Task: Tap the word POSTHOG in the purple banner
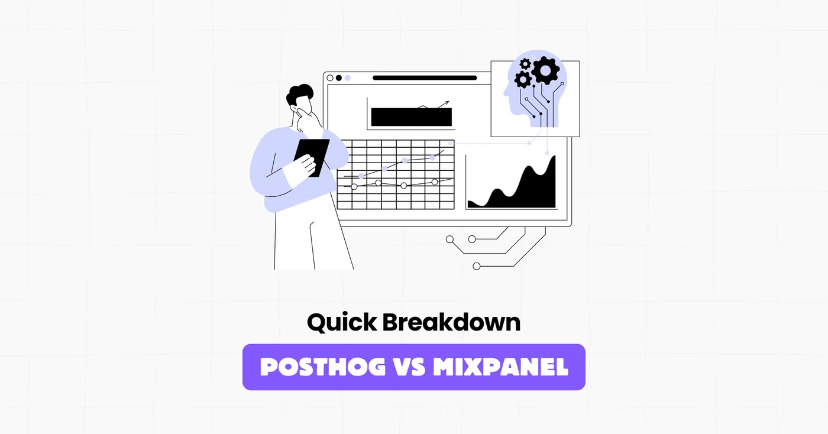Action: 322,367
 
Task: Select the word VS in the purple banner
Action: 410,367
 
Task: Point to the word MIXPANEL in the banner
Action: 500,367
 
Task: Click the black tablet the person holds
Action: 313,156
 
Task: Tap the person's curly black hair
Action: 300,95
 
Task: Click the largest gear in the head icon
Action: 545,71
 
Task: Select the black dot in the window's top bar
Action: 339,77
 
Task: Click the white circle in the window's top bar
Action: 330,77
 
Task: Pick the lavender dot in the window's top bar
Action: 348,77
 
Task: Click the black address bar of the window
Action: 425,77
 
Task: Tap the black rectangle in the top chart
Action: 411,117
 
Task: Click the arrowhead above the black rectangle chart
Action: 447,103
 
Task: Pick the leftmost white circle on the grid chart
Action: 354,187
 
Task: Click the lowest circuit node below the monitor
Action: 477,266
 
